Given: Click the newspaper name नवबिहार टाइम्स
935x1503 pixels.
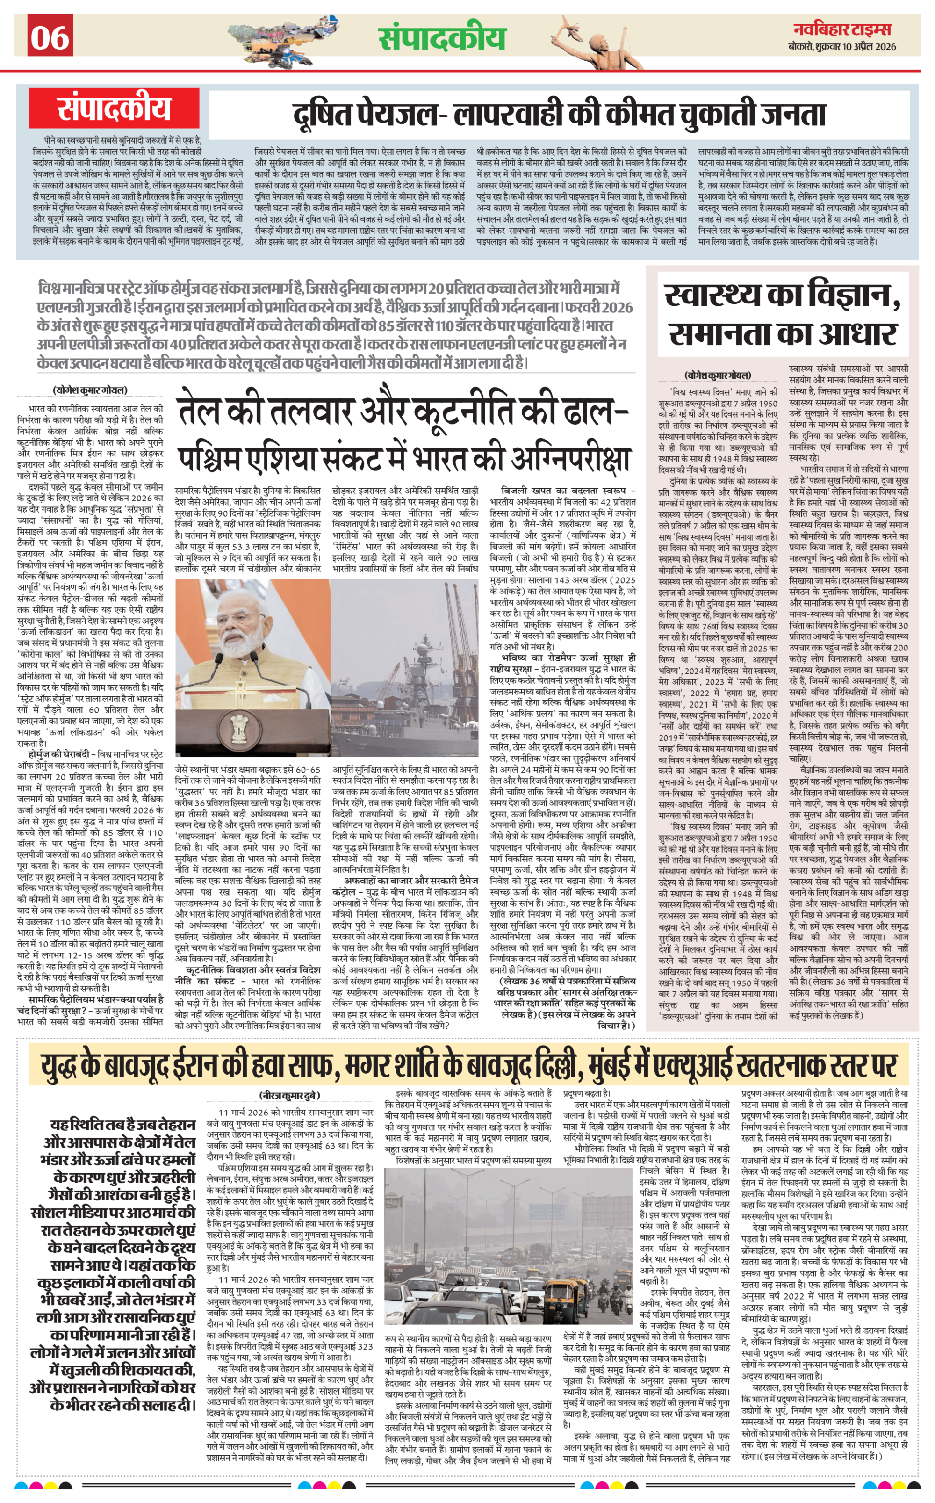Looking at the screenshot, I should (842, 29).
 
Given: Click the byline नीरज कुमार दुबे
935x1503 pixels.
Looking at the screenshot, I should (289, 1095).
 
